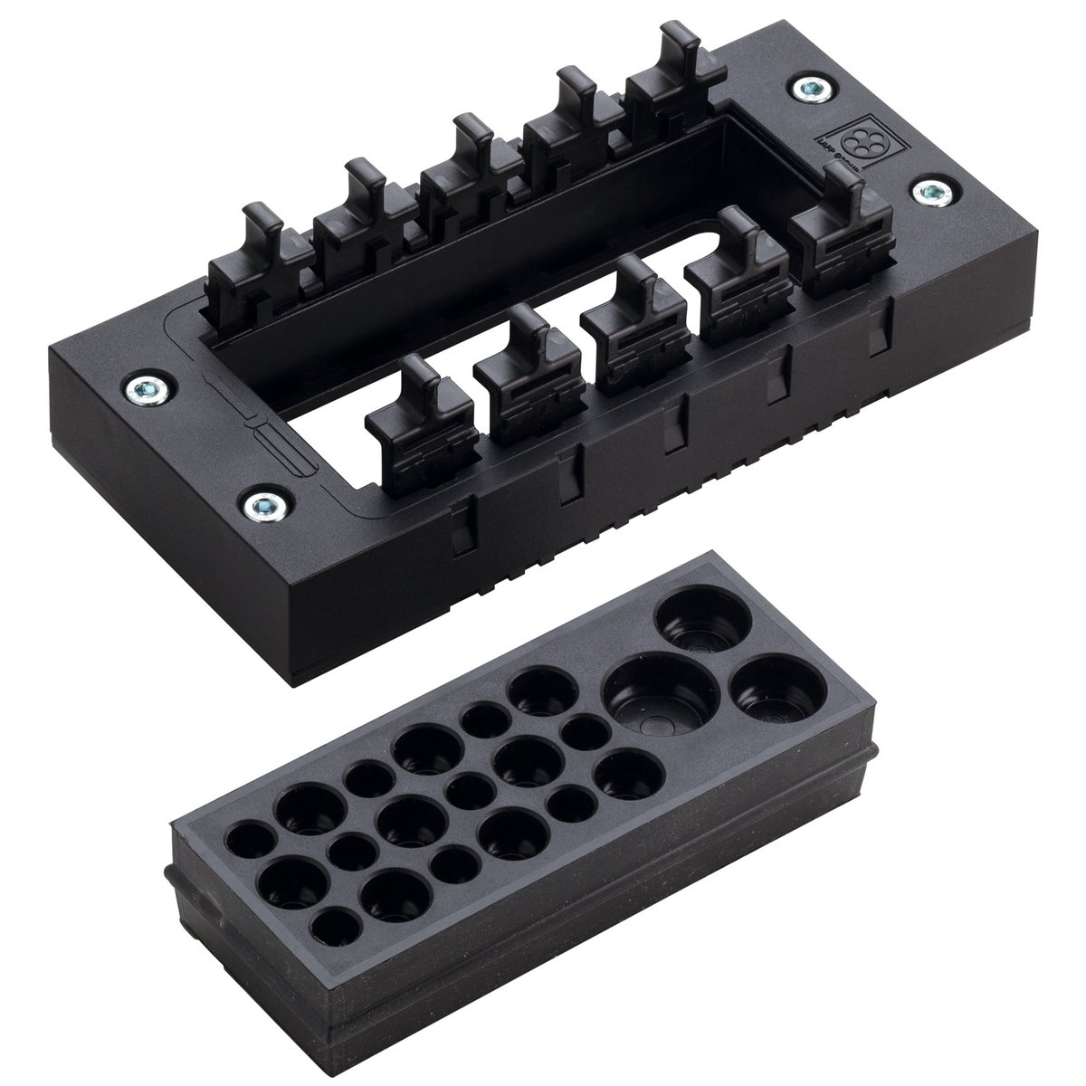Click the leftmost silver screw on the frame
coord(142,389)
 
